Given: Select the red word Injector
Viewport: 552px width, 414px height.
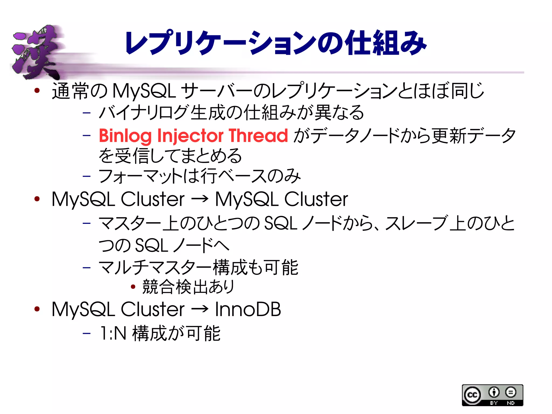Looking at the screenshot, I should (190, 136).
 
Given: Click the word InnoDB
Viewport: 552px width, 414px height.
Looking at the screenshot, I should (248, 309).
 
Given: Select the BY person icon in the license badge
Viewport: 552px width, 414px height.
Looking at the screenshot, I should (494, 392).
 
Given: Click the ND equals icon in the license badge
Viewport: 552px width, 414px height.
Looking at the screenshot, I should (510, 392).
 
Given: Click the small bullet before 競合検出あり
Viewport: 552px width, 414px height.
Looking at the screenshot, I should (133, 287).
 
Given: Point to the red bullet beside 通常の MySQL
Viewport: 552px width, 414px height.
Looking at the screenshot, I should (37, 90).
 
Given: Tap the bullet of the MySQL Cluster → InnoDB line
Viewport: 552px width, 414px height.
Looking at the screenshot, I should (37, 309).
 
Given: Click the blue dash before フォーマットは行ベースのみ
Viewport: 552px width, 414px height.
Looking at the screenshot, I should (87, 177).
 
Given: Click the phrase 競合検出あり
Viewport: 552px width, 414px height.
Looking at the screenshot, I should (188, 287).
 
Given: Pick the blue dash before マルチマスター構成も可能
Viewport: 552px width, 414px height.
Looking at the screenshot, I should (87, 268).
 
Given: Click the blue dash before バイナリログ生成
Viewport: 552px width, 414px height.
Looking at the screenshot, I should (87, 112).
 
